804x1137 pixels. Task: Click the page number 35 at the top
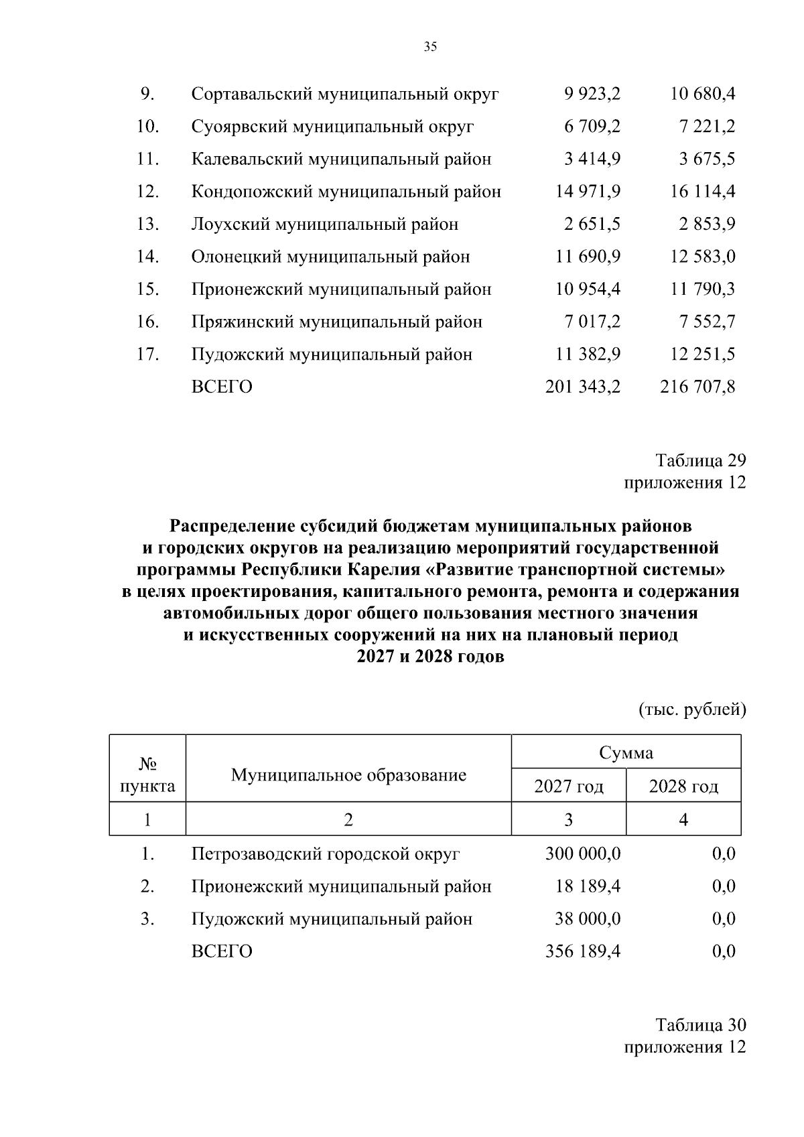(x=430, y=46)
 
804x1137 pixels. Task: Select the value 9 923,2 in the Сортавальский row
(x=592, y=94)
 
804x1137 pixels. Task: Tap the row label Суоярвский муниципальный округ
(x=332, y=127)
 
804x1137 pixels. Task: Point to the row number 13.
(x=147, y=224)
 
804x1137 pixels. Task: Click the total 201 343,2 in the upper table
(x=583, y=387)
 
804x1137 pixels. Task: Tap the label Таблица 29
(x=701, y=460)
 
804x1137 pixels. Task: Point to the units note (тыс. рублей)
(x=692, y=710)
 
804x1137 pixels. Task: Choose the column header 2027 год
(x=568, y=786)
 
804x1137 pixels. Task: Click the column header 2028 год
(x=683, y=786)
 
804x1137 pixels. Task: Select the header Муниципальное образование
(x=348, y=775)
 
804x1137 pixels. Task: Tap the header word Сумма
(x=626, y=752)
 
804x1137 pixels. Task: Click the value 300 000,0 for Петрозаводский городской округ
(x=583, y=854)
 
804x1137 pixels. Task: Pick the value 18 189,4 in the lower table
(x=588, y=886)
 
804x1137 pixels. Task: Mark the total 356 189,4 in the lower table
(x=583, y=951)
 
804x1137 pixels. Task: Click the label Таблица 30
(x=701, y=1025)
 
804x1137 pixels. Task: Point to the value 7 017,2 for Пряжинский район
(x=592, y=322)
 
